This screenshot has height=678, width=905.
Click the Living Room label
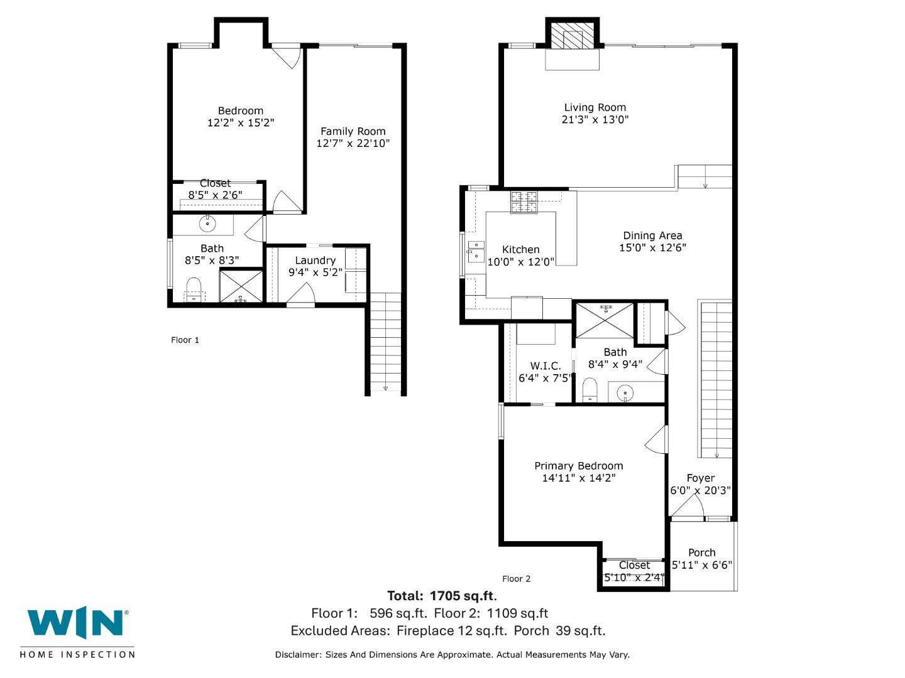(595, 107)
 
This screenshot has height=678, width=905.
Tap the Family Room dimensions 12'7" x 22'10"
(353, 143)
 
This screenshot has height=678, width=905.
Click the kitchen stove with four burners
(524, 202)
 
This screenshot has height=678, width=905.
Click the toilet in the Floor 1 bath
(194, 289)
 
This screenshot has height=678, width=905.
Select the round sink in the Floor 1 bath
(207, 223)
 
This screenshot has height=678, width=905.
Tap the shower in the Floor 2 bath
(605, 321)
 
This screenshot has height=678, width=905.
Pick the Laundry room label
(315, 260)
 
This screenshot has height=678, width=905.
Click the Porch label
(701, 552)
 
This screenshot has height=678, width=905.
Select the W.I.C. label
(545, 365)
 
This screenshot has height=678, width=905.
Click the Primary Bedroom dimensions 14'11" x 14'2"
(578, 478)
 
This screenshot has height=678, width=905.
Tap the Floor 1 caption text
(185, 340)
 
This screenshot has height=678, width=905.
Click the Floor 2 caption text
(516, 579)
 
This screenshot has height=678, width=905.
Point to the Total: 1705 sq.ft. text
(442, 596)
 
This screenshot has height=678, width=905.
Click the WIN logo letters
(75, 624)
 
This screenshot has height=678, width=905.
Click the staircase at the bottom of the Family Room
(385, 342)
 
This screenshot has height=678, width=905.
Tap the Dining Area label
(652, 235)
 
